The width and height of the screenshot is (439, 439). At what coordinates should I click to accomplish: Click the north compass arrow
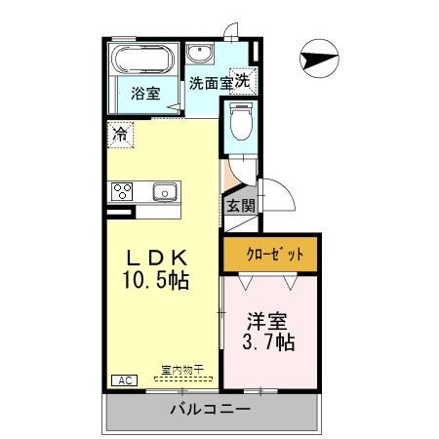tap(320, 58)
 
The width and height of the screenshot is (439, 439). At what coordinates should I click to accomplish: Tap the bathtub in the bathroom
tap(143, 60)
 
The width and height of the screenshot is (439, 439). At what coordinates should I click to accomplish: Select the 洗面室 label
tap(210, 83)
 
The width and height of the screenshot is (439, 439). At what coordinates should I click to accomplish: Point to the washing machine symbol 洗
tap(242, 82)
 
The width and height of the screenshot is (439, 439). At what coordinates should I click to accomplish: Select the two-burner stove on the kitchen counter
tap(122, 190)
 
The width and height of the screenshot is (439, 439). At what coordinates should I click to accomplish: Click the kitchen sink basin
tap(163, 191)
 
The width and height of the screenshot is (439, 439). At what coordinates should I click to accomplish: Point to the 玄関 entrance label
tap(240, 206)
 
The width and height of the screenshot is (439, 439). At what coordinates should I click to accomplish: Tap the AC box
tap(124, 379)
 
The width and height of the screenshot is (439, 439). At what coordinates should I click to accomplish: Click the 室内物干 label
tap(182, 371)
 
